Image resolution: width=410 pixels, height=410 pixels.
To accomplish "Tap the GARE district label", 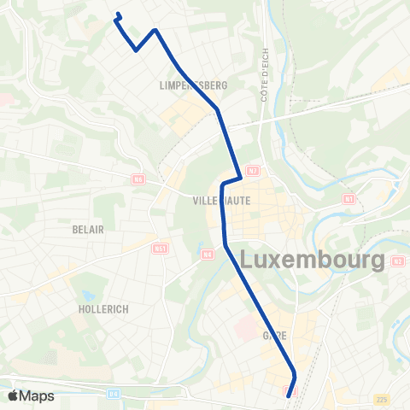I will (x=275, y=337).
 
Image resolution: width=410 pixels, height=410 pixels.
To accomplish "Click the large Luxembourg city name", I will (x=312, y=260).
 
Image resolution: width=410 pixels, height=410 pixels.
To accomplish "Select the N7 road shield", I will (x=252, y=171).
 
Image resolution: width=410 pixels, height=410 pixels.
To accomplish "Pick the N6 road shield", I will (x=138, y=179).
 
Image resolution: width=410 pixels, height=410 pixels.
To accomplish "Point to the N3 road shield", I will (x=397, y=261).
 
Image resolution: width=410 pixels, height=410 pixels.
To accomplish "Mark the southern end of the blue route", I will (x=289, y=396).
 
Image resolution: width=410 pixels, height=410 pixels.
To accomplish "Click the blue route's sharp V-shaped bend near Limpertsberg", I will (x=137, y=50).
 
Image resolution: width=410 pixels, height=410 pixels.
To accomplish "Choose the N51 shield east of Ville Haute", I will (x=348, y=198).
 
